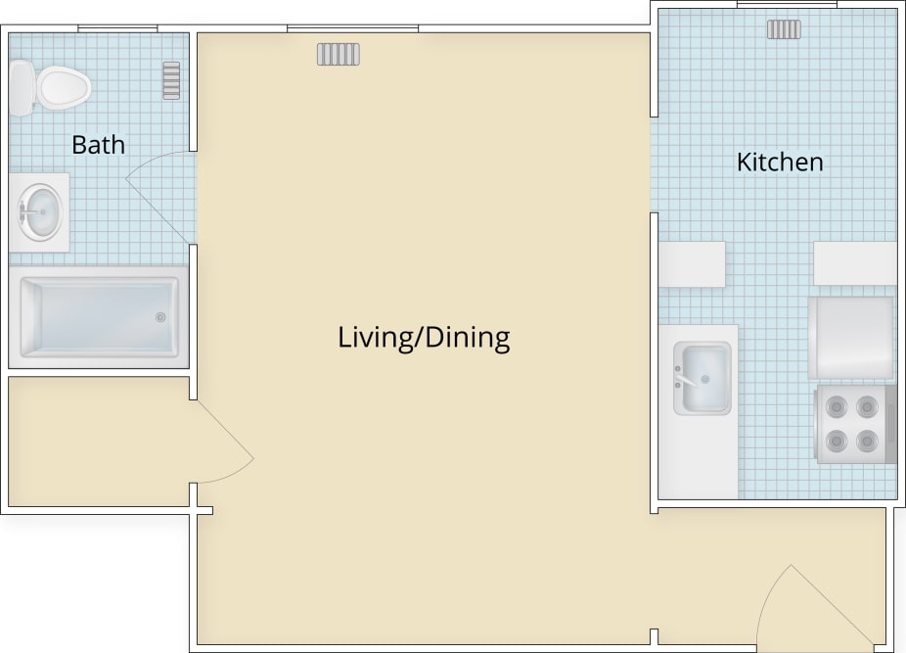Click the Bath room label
point(98,145)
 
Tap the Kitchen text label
point(780,162)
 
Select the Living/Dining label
point(424,338)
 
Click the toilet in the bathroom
point(49,86)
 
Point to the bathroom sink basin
point(41,211)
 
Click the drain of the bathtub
point(161,317)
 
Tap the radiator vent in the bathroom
point(171,80)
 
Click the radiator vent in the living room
point(338,54)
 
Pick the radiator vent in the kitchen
point(784,29)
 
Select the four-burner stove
point(853,423)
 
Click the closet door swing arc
point(225,445)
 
